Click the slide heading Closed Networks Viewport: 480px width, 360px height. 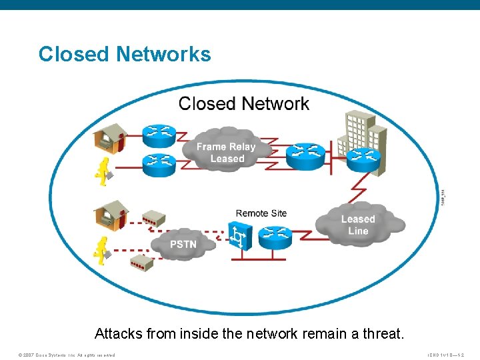click(125, 54)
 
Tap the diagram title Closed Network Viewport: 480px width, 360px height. click(243, 103)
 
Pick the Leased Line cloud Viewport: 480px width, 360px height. click(358, 225)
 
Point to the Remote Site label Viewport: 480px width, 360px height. click(261, 213)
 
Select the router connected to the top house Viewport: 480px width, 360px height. click(159, 133)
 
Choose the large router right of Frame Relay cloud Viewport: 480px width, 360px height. click(306, 155)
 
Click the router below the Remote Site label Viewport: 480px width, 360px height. click(275, 237)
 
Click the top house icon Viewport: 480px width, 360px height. click(109, 138)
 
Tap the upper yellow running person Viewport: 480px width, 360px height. click(102, 173)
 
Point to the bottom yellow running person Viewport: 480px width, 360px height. click(102, 250)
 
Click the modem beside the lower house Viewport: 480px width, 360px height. click(154, 217)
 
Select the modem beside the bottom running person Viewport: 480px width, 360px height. click(141, 261)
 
